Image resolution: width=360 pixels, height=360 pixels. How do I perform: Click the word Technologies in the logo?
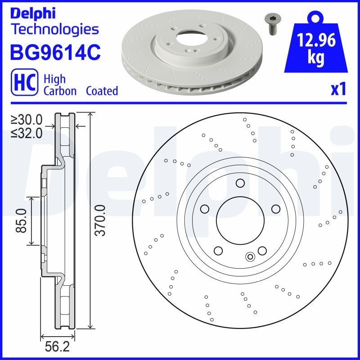(54, 29)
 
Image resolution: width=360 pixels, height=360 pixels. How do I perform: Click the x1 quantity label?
(338, 90)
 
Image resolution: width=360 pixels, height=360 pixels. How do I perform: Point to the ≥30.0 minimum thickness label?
(27, 119)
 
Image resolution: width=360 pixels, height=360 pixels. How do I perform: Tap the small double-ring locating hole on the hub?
(250, 257)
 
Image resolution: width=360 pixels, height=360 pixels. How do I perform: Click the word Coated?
(102, 91)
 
